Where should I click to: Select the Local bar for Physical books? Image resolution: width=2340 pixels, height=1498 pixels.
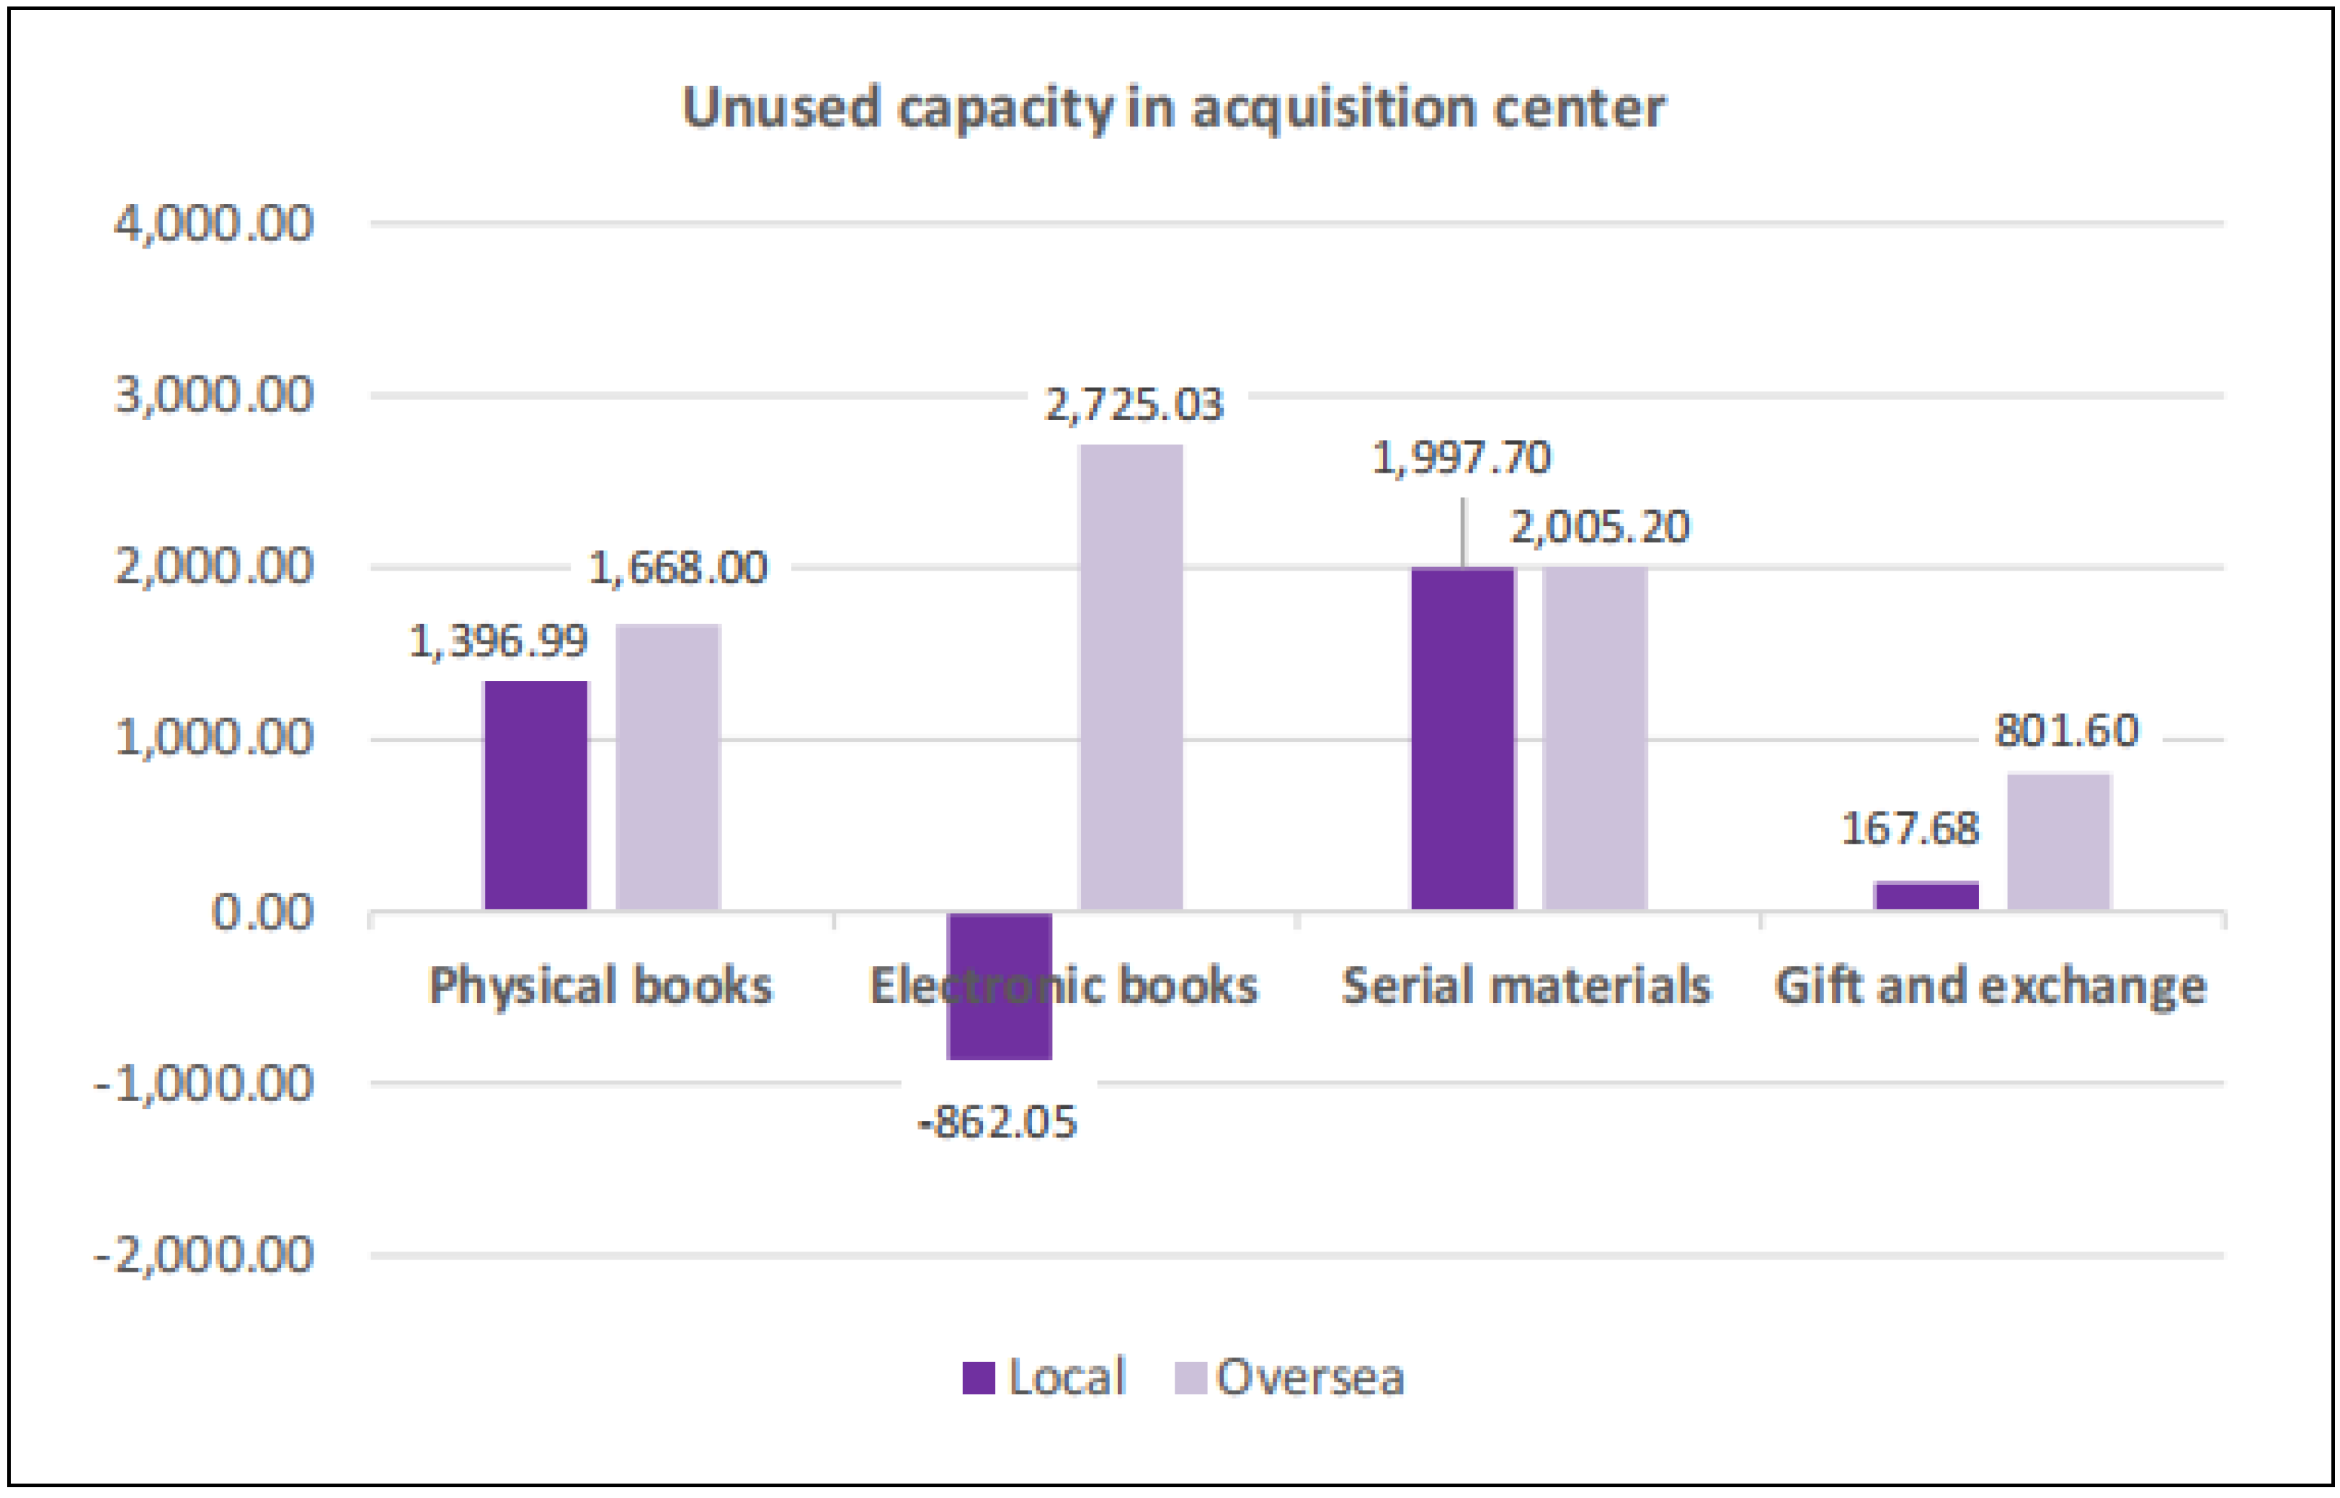tap(535, 795)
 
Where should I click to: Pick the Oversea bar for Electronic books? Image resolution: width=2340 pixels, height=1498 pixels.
tap(1131, 678)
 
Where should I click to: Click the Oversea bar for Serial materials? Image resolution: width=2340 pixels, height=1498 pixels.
tap(1595, 739)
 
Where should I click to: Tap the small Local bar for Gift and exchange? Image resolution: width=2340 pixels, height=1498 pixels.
tap(1926, 896)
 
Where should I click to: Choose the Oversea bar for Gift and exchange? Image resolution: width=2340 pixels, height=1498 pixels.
tap(2059, 842)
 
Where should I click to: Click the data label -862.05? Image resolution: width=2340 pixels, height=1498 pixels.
tap(998, 1123)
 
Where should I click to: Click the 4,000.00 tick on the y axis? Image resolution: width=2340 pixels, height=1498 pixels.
tap(214, 223)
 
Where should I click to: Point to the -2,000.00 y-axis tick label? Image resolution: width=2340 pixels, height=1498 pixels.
tap(205, 1255)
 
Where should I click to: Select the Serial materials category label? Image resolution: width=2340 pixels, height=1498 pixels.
tap(1526, 986)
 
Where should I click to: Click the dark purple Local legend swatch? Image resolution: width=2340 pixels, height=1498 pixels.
tap(978, 1378)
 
